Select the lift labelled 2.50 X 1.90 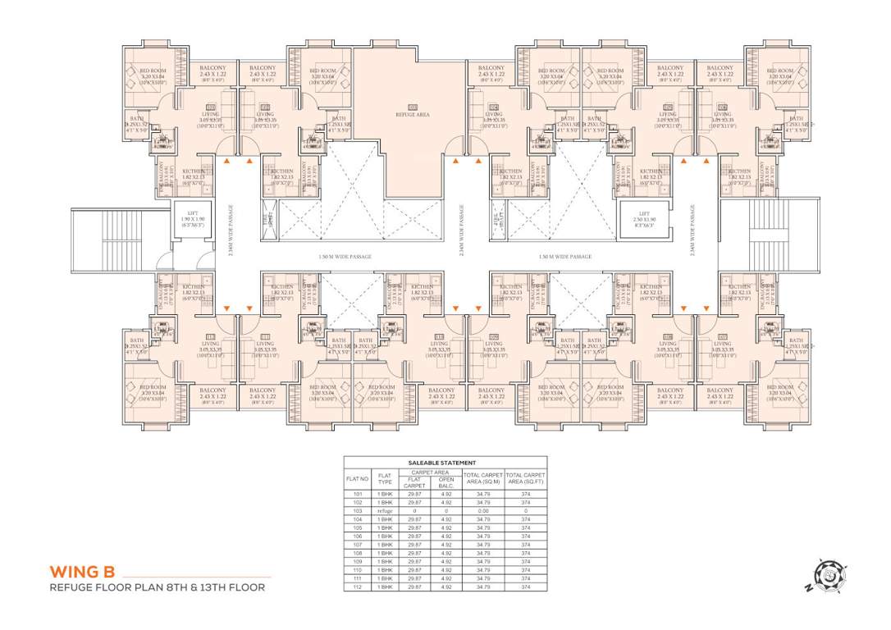click(x=645, y=221)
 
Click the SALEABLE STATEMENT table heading click(x=445, y=463)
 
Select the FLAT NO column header click(x=357, y=478)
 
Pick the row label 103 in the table click(x=357, y=510)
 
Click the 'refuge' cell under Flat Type click(x=385, y=510)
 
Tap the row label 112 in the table click(x=357, y=587)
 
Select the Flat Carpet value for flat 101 click(x=414, y=493)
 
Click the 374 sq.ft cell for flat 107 click(x=525, y=545)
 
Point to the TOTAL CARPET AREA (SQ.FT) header click(x=525, y=478)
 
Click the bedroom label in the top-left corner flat click(x=153, y=74)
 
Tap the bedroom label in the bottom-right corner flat click(x=779, y=390)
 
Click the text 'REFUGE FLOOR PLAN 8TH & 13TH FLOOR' click(x=157, y=587)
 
